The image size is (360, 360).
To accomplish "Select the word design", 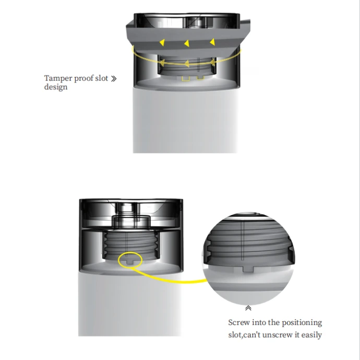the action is (x=56, y=87).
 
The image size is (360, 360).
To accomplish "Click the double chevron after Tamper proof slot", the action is (x=114, y=79).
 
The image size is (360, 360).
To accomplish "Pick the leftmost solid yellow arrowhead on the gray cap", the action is (x=162, y=42).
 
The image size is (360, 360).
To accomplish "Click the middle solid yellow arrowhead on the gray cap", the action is (x=187, y=43).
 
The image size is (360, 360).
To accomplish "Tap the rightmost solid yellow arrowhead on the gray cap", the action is (x=212, y=42).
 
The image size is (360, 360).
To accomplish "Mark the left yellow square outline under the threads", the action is (x=186, y=78).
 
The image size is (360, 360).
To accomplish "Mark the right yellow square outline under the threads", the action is (x=200, y=78).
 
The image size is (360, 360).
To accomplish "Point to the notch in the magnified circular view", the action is (x=248, y=269).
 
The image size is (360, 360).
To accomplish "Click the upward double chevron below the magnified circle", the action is (x=248, y=308).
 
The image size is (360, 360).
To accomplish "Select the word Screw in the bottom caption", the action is (x=239, y=322).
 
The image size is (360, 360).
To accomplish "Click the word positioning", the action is (x=302, y=323).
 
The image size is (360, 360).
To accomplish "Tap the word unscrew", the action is (x=278, y=335).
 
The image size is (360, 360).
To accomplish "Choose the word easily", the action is (x=311, y=335).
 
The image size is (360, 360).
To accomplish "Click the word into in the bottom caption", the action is (x=259, y=322).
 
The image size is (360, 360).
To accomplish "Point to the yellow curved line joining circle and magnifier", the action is (x=170, y=280).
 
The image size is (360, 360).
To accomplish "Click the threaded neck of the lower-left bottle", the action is (x=131, y=245).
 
